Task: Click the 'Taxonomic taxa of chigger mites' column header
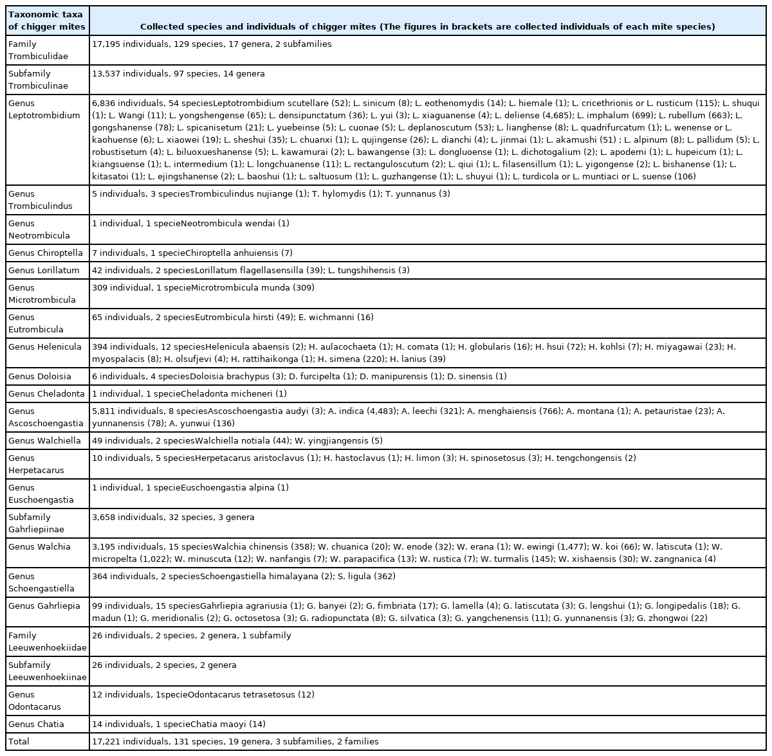tap(46, 21)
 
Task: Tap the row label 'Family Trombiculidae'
tap(39, 50)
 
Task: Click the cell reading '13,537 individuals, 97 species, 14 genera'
tap(178, 74)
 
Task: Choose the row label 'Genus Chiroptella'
tap(46, 253)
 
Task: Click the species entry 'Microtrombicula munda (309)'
tap(253, 287)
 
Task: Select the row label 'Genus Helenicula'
tap(45, 347)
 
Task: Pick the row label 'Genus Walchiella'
tap(45, 441)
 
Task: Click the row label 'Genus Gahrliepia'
tap(44, 606)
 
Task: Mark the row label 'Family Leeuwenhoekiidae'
tap(47, 642)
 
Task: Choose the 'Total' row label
tap(19, 742)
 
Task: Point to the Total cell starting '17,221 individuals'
tap(235, 742)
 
